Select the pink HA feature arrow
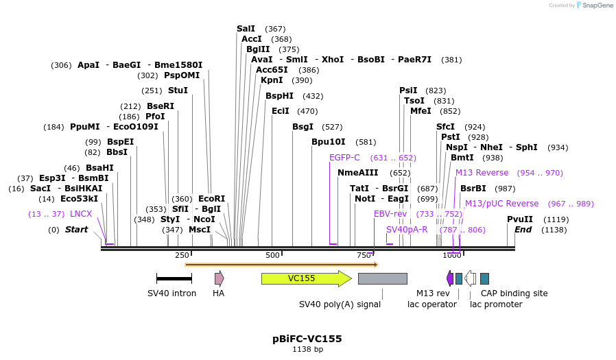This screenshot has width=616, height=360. pyautogui.click(x=219, y=278)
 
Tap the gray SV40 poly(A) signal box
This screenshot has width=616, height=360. pyautogui.click(x=382, y=278)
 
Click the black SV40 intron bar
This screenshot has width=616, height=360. pyautogui.click(x=174, y=278)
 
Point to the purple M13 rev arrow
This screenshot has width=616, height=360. pyautogui.click(x=450, y=278)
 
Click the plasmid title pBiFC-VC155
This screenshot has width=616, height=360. pyautogui.click(x=307, y=339)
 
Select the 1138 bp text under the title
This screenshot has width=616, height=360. pyautogui.click(x=307, y=350)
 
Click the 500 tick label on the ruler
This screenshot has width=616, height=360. pyautogui.click(x=272, y=255)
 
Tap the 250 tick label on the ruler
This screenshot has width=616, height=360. pyautogui.click(x=182, y=255)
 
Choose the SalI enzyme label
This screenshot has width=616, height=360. pyautogui.click(x=246, y=29)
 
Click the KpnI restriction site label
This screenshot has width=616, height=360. pyautogui.click(x=272, y=80)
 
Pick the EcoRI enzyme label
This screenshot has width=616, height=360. pyautogui.click(x=211, y=199)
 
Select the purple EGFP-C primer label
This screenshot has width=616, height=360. pyautogui.click(x=344, y=158)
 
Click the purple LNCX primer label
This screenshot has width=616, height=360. pyautogui.click(x=81, y=214)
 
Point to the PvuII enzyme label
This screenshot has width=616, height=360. pyautogui.click(x=520, y=219)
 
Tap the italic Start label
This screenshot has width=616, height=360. pyautogui.click(x=76, y=230)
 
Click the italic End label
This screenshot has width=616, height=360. pyautogui.click(x=523, y=230)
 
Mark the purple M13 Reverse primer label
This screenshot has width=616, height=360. pyautogui.click(x=482, y=173)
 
